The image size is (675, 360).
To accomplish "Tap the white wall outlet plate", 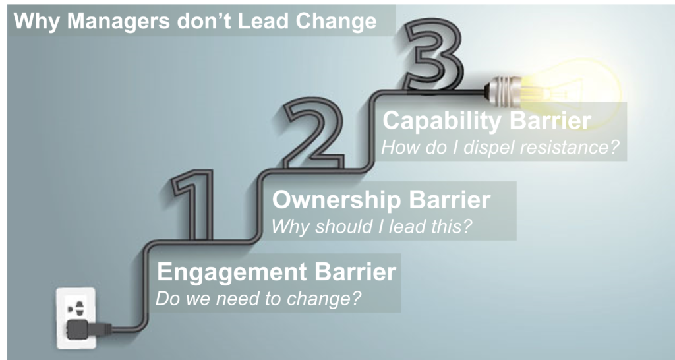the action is pos(76,318).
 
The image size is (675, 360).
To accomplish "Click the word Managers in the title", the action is pos(118,21).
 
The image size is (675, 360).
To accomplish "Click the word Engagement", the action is pos(232,273).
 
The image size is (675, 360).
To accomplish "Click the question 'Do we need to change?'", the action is pos(258,299).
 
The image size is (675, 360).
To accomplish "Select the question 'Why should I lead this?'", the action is pos(372,226).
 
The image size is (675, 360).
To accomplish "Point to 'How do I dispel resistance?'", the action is pos(500,147).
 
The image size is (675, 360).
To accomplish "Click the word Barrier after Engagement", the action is pos(355,272).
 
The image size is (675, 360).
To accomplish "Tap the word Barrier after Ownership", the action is pos(450,200).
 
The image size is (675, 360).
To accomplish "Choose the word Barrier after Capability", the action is pos(550,121).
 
